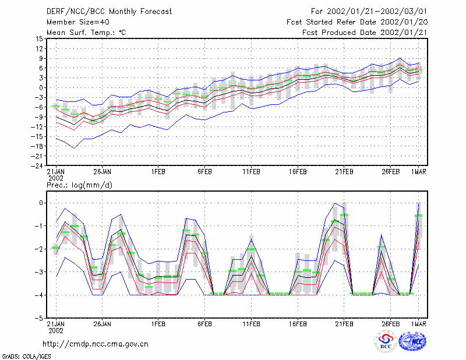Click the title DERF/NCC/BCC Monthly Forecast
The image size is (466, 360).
click(x=109, y=12)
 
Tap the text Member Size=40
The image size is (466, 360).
click(x=78, y=22)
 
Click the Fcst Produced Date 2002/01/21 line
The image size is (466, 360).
click(x=365, y=33)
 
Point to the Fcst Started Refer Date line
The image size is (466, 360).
click(x=357, y=22)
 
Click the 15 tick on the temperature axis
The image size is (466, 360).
click(x=39, y=38)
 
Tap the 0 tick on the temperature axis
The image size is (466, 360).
click(x=41, y=88)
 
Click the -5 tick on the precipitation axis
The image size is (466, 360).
click(x=38, y=318)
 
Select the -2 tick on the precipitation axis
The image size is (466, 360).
click(x=38, y=249)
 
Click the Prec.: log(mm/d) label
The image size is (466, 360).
click(x=79, y=185)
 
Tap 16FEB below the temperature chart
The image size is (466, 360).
click(x=298, y=172)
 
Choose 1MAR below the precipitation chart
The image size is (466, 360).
click(x=419, y=324)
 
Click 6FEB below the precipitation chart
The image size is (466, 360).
click(x=205, y=324)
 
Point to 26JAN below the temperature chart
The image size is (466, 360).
click(x=103, y=172)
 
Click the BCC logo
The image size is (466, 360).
click(x=386, y=341)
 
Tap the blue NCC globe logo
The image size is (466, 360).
click(x=412, y=341)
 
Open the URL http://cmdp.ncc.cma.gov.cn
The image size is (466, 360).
click(x=96, y=344)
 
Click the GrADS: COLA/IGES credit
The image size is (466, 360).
click(x=26, y=357)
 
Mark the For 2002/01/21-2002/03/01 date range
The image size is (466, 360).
click(x=369, y=12)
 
